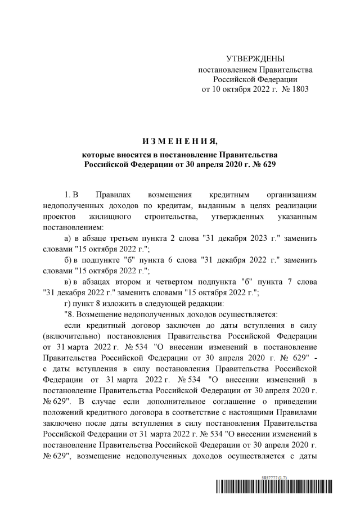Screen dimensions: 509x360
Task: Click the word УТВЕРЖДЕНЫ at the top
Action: pyautogui.click(x=255, y=59)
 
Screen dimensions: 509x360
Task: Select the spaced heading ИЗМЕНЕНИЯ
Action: pyautogui.click(x=179, y=139)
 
